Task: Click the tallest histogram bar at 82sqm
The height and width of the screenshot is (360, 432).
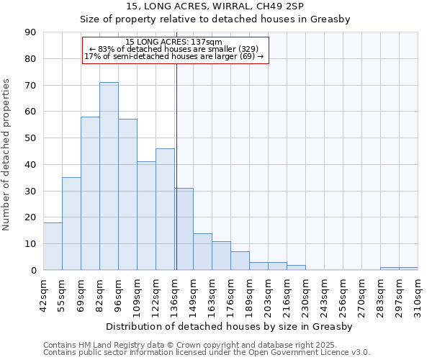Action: tap(109, 176)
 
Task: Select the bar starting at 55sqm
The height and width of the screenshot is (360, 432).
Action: tap(71, 223)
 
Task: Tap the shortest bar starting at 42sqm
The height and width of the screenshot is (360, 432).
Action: tap(53, 246)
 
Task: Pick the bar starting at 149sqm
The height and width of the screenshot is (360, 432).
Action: tap(202, 251)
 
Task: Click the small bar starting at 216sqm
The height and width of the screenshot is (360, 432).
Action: tap(296, 268)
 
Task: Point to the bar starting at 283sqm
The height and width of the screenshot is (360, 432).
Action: tap(390, 269)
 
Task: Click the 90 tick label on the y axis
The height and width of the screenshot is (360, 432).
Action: tap(30, 32)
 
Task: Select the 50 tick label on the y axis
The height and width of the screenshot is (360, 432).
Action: tap(30, 138)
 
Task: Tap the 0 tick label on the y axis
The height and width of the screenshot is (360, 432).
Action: tap(33, 270)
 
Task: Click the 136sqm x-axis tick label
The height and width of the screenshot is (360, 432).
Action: tap(175, 296)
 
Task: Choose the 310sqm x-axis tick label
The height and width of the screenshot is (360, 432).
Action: tap(418, 296)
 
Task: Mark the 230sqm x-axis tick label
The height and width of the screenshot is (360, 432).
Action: tap(306, 296)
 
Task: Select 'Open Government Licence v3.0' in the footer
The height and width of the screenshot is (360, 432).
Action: tap(311, 353)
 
